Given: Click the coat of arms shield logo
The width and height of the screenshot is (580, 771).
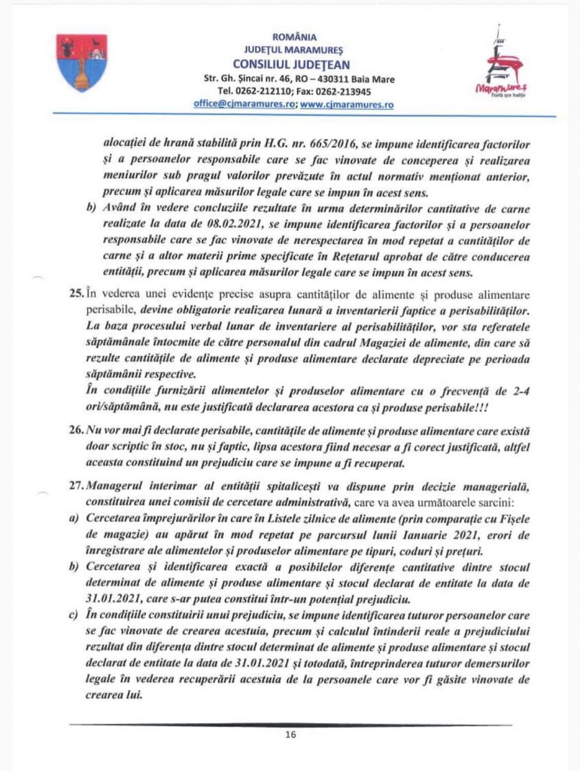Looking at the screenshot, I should click(81, 62).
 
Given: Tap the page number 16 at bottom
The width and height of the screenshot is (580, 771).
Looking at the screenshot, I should click(290, 735).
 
